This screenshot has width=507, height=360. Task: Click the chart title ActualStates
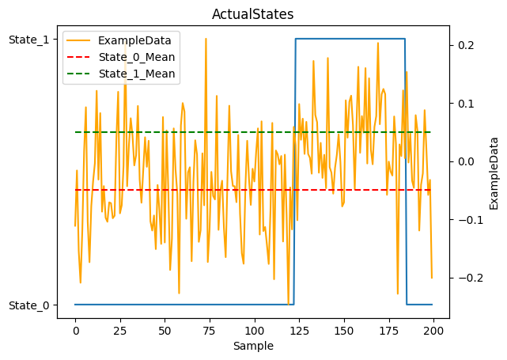pyautogui.click(x=253, y=14)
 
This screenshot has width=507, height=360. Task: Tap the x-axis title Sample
pyautogui.click(x=253, y=346)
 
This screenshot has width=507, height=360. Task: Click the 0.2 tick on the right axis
pyautogui.click(x=465, y=45)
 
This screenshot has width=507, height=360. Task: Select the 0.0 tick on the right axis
pyautogui.click(x=465, y=161)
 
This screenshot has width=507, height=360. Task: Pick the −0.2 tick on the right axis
pyautogui.click(x=463, y=278)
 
